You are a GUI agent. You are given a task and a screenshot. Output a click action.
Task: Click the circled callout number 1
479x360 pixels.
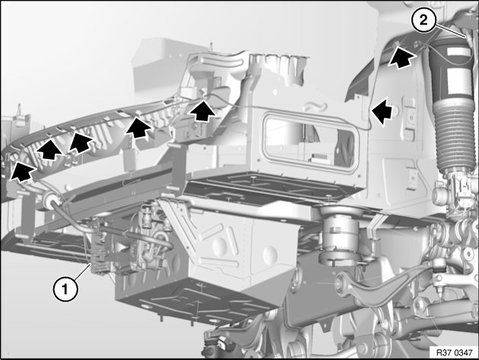click(65, 288)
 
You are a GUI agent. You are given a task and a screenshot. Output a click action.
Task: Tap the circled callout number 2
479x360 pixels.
click(423, 21)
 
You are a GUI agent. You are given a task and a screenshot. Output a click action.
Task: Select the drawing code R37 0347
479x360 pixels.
click(454, 352)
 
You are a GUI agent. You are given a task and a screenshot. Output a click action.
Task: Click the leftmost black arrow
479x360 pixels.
click(21, 172)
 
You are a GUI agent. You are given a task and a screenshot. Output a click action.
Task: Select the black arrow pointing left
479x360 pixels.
click(382, 111)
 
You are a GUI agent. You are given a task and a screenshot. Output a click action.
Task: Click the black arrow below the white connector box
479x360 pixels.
click(202, 111)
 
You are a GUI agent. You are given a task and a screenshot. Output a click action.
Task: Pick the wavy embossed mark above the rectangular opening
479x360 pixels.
click(316, 107)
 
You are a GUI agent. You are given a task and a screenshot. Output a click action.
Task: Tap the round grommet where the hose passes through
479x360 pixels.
click(51, 198)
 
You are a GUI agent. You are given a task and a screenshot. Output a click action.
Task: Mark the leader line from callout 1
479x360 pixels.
click(82, 271)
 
